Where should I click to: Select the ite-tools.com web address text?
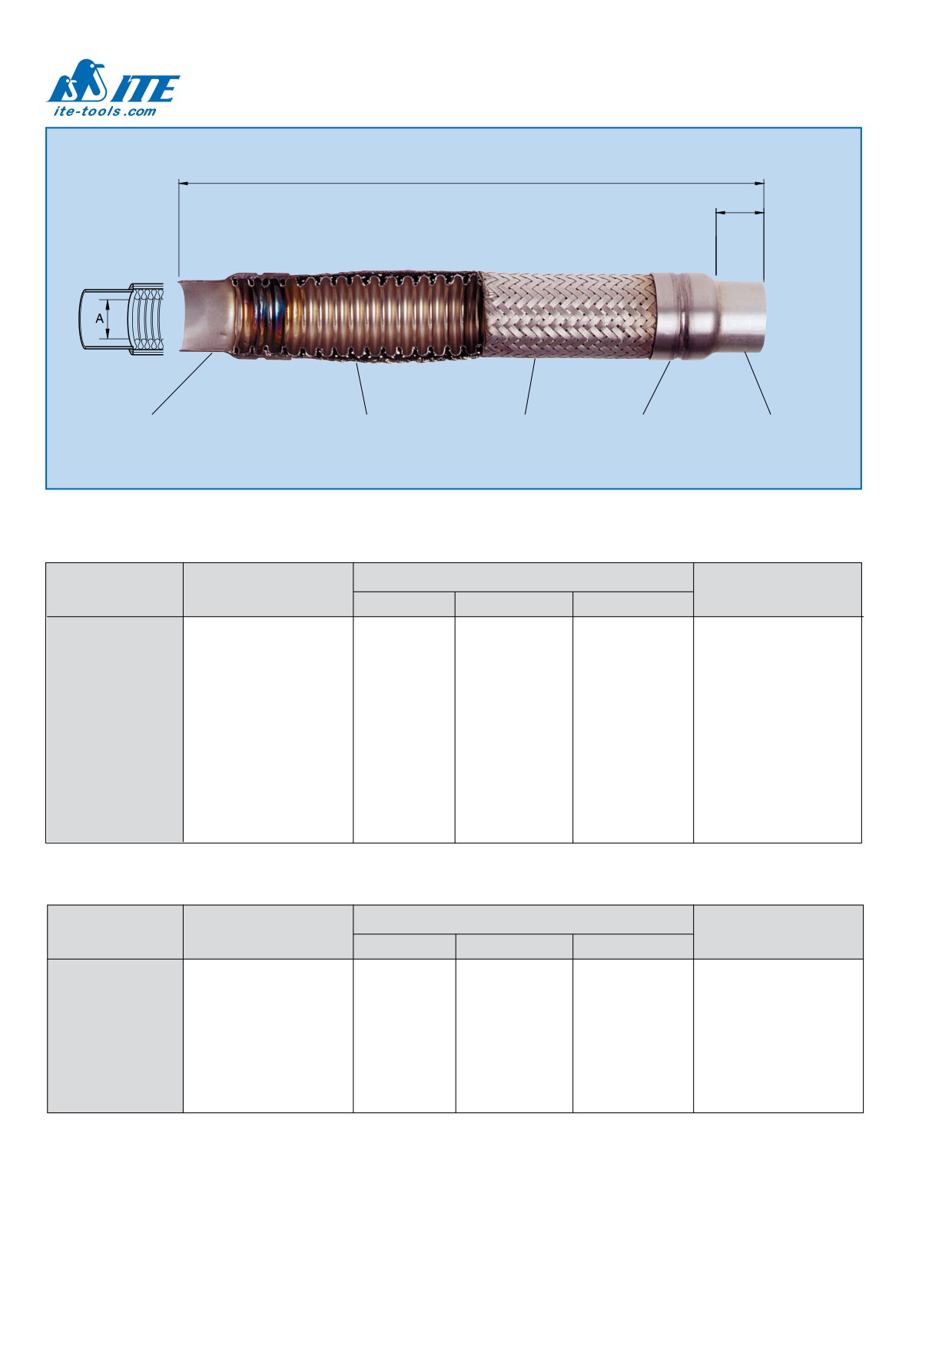[104, 111]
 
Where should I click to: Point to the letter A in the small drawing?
[99, 318]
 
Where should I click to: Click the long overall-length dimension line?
[471, 183]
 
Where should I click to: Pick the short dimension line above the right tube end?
[740, 212]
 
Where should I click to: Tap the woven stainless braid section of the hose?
[569, 314]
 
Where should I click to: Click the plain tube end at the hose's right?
[741, 314]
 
